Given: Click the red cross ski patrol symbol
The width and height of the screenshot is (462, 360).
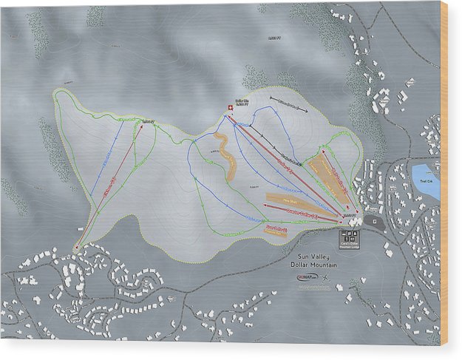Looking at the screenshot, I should (x=229, y=109).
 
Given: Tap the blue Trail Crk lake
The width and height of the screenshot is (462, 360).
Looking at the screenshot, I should (x=426, y=180).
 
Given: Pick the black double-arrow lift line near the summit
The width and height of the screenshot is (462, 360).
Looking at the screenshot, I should (x=289, y=103).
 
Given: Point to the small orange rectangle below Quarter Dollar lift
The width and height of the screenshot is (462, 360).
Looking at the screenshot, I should (x=276, y=230).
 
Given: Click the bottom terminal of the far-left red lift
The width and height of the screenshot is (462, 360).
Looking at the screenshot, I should (x=78, y=248).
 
